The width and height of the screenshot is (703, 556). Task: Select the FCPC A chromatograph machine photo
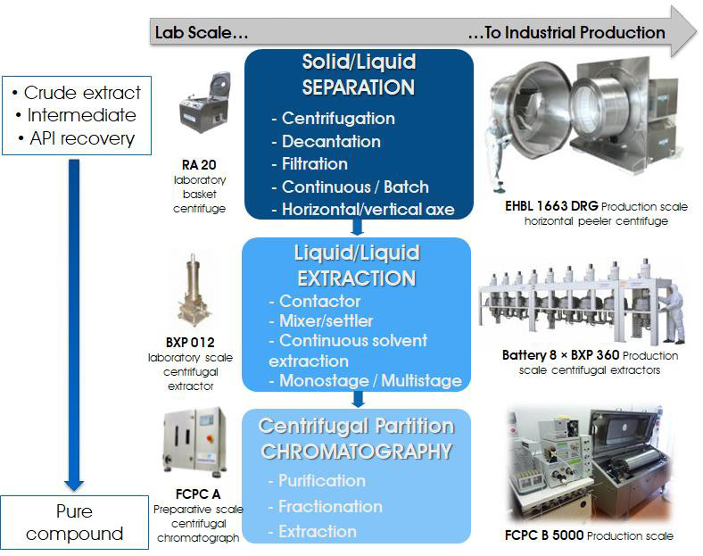click(x=195, y=442)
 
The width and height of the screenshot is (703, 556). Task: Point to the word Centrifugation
click(x=338, y=119)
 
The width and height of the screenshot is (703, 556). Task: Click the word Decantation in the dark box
click(x=331, y=141)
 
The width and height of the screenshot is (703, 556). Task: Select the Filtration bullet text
click(x=314, y=163)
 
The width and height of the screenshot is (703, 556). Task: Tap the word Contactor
click(x=319, y=301)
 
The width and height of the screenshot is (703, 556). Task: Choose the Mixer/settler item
click(x=326, y=320)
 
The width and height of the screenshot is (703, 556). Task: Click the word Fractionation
click(x=330, y=506)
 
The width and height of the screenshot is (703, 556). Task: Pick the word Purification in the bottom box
click(x=321, y=481)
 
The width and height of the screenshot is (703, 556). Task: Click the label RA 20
click(x=199, y=165)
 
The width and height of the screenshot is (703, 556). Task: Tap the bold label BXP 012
click(x=190, y=343)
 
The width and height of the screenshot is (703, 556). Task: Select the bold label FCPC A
click(x=198, y=494)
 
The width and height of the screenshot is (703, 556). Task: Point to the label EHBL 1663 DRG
click(x=551, y=206)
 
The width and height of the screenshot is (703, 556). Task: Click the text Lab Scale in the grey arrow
click(x=202, y=33)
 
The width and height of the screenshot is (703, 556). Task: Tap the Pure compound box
click(x=74, y=522)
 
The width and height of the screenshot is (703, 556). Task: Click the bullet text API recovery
click(x=81, y=138)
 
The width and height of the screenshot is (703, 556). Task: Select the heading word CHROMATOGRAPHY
click(x=357, y=452)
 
